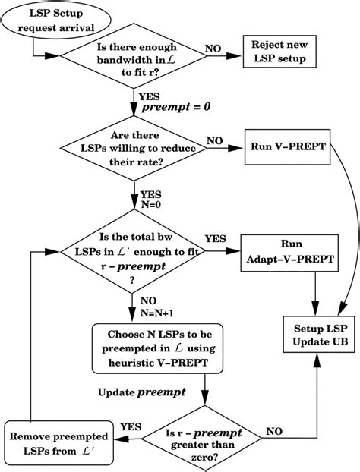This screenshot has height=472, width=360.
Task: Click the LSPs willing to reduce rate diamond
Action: coord(134,145)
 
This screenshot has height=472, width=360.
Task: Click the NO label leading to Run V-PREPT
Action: coord(215,139)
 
